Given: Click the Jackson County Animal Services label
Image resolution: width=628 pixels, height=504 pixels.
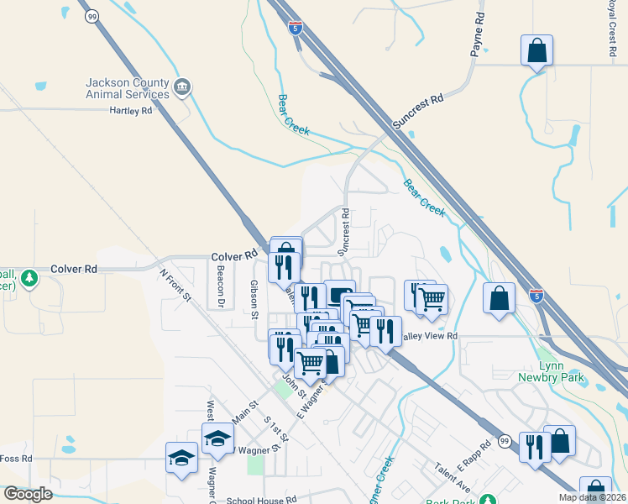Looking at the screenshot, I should pyautogui.click(x=128, y=88).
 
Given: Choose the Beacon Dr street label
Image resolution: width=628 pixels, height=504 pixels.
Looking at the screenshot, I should pyautogui.click(x=221, y=286).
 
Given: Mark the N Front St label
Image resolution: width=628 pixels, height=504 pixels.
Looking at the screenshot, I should pyautogui.click(x=175, y=285).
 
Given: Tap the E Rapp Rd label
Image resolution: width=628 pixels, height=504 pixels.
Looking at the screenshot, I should pyautogui.click(x=474, y=457).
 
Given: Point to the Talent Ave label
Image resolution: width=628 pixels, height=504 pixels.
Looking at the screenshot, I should pyautogui.click(x=452, y=476).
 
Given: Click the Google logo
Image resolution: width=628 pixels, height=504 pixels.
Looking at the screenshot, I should pyautogui.click(x=28, y=494).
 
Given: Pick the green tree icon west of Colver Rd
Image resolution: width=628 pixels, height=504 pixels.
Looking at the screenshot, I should pyautogui.click(x=29, y=278).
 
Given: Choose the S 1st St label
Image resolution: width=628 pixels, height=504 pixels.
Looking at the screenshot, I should pyautogui.click(x=275, y=428).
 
